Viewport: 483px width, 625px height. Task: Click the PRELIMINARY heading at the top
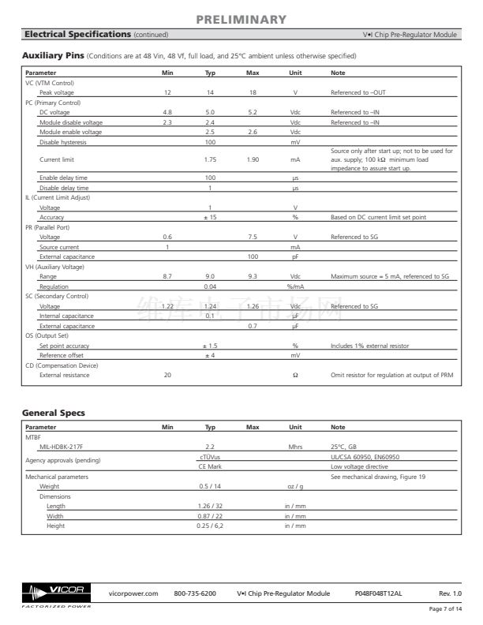click(241, 19)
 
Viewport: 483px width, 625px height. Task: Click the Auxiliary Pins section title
click(52, 56)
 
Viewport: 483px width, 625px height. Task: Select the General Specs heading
click(54, 413)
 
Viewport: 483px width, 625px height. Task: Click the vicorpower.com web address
click(133, 593)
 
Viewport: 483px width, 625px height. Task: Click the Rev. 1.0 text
click(450, 593)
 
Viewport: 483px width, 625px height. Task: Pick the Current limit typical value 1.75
click(210, 159)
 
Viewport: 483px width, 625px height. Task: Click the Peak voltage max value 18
click(253, 93)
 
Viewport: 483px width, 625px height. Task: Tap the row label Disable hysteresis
click(63, 142)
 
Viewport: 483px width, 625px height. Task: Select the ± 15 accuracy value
click(210, 217)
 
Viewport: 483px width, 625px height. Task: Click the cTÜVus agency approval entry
click(210, 456)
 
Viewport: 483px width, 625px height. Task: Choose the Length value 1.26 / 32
click(210, 506)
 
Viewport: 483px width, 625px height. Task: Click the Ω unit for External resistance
click(295, 375)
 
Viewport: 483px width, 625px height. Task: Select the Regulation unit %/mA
click(295, 286)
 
